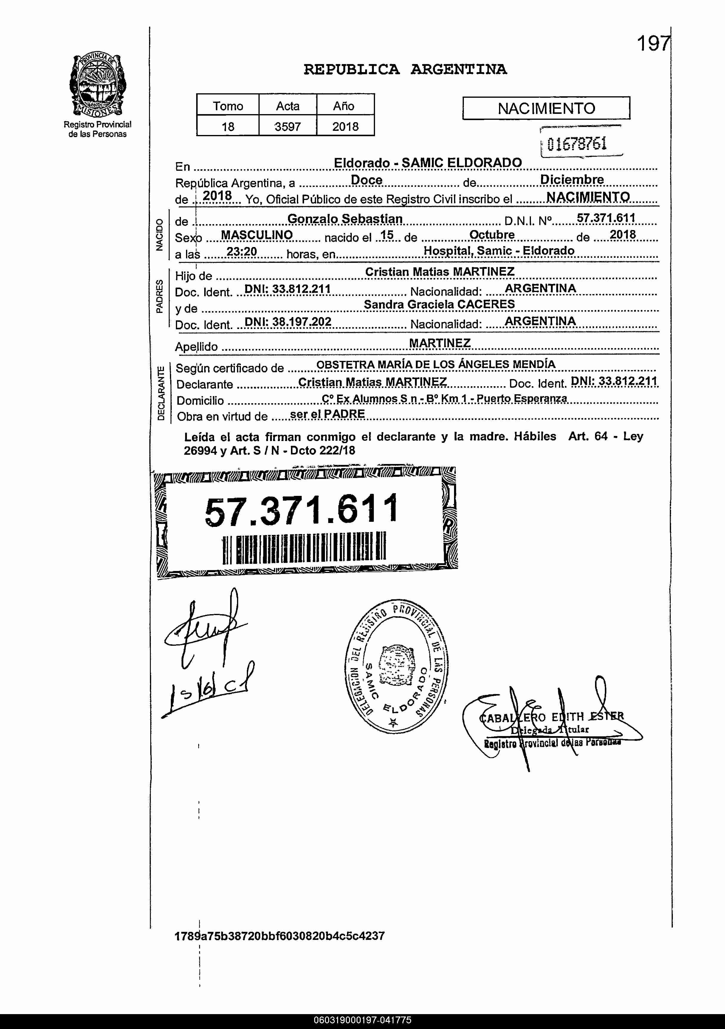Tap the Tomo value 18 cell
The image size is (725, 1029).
pyautogui.click(x=228, y=126)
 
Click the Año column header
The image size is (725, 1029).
pyautogui.click(x=344, y=106)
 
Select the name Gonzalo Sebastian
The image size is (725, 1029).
pyautogui.click(x=345, y=219)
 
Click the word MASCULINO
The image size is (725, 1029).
pyautogui.click(x=257, y=235)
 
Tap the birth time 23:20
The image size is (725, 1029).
pyautogui.click(x=242, y=252)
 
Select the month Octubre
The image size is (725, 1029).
pyautogui.click(x=492, y=235)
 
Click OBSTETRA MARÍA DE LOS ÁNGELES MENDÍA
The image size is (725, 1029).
pyautogui.click(x=436, y=364)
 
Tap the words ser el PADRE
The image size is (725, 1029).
pyautogui.click(x=327, y=414)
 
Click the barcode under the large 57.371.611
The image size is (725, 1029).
pyautogui.click(x=304, y=550)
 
